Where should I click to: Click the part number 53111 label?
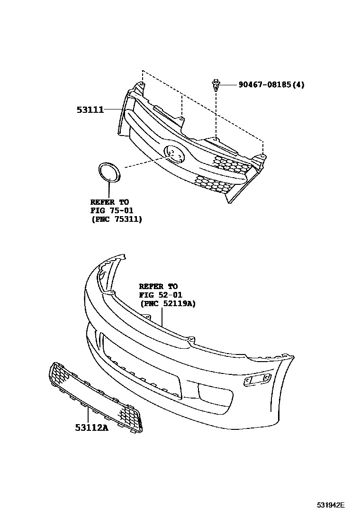(x=90, y=109)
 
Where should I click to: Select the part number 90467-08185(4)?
(x=271, y=84)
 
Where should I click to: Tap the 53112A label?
(x=91, y=427)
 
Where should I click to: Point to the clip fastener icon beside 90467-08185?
(x=215, y=85)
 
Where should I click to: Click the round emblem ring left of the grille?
(x=109, y=173)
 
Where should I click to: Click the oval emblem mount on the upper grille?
(x=175, y=154)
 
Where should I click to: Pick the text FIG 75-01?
(x=112, y=211)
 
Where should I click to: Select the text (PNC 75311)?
(x=116, y=219)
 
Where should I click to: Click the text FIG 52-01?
(x=161, y=295)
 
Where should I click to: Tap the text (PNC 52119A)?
(x=168, y=303)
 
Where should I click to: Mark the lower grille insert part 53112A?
(x=96, y=397)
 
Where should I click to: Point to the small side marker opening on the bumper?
(x=257, y=379)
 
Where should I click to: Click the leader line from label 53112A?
(x=88, y=414)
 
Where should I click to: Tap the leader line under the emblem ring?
(x=109, y=191)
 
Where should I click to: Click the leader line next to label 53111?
(x=113, y=109)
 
